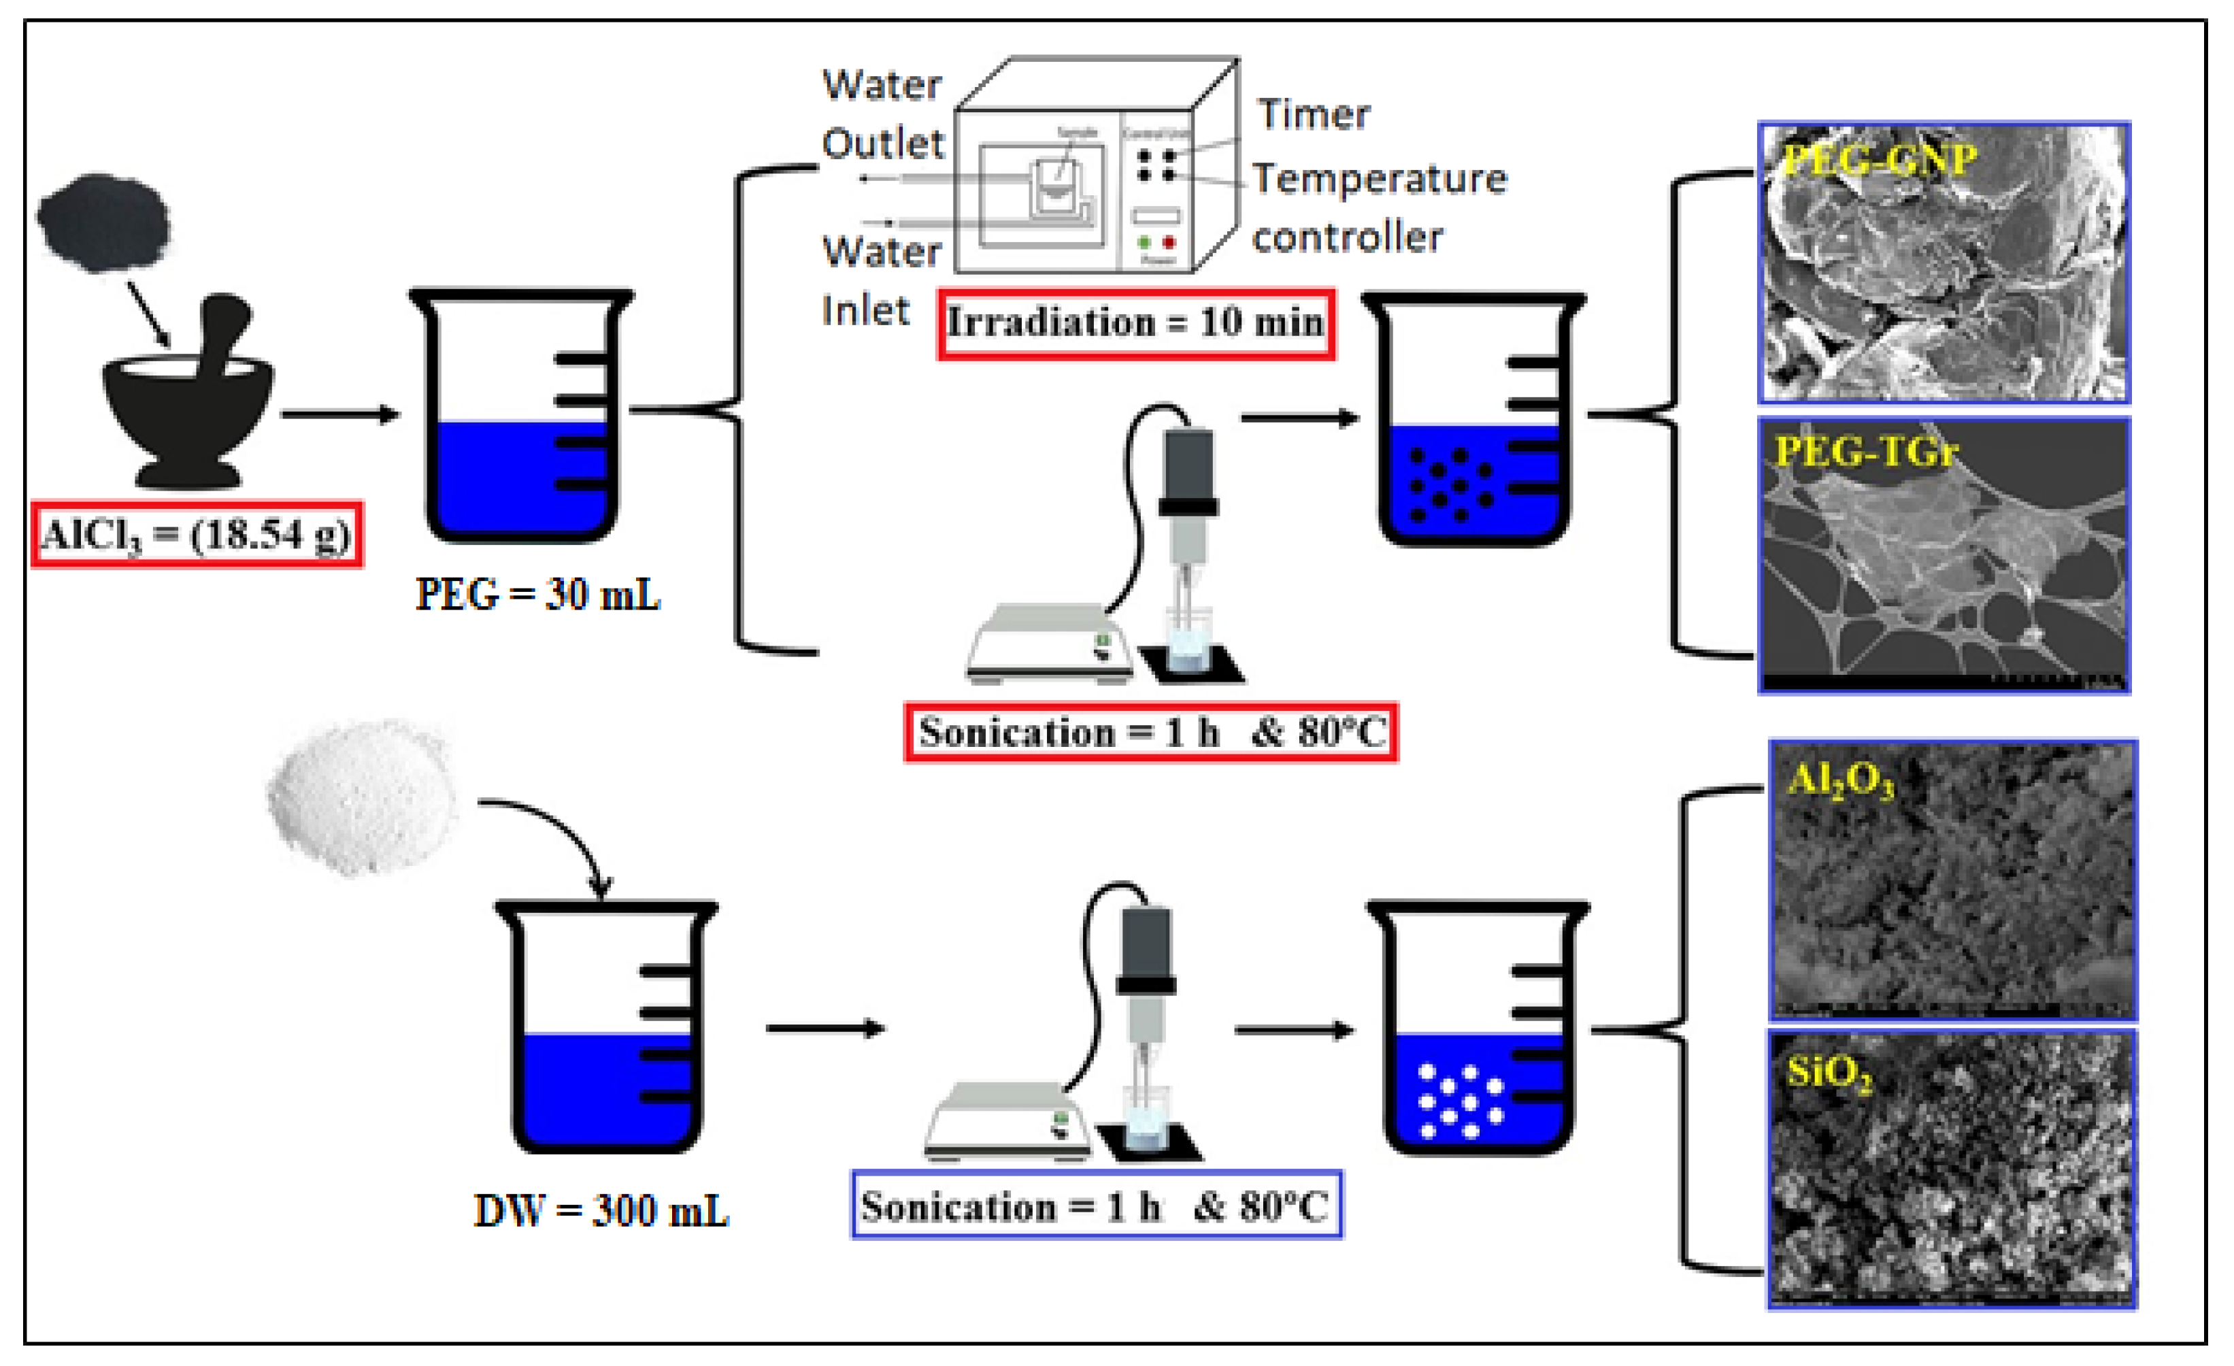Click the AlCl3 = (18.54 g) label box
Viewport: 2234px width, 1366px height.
point(197,535)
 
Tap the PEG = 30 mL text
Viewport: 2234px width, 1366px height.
point(537,595)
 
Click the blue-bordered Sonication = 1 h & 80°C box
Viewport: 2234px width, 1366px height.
point(1095,1206)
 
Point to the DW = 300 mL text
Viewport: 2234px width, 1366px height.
point(601,1212)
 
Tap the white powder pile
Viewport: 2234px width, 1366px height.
point(363,799)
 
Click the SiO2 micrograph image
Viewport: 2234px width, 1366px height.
point(1952,1169)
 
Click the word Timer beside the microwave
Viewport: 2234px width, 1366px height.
point(1313,115)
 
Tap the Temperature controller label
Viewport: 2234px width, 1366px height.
point(1378,207)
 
